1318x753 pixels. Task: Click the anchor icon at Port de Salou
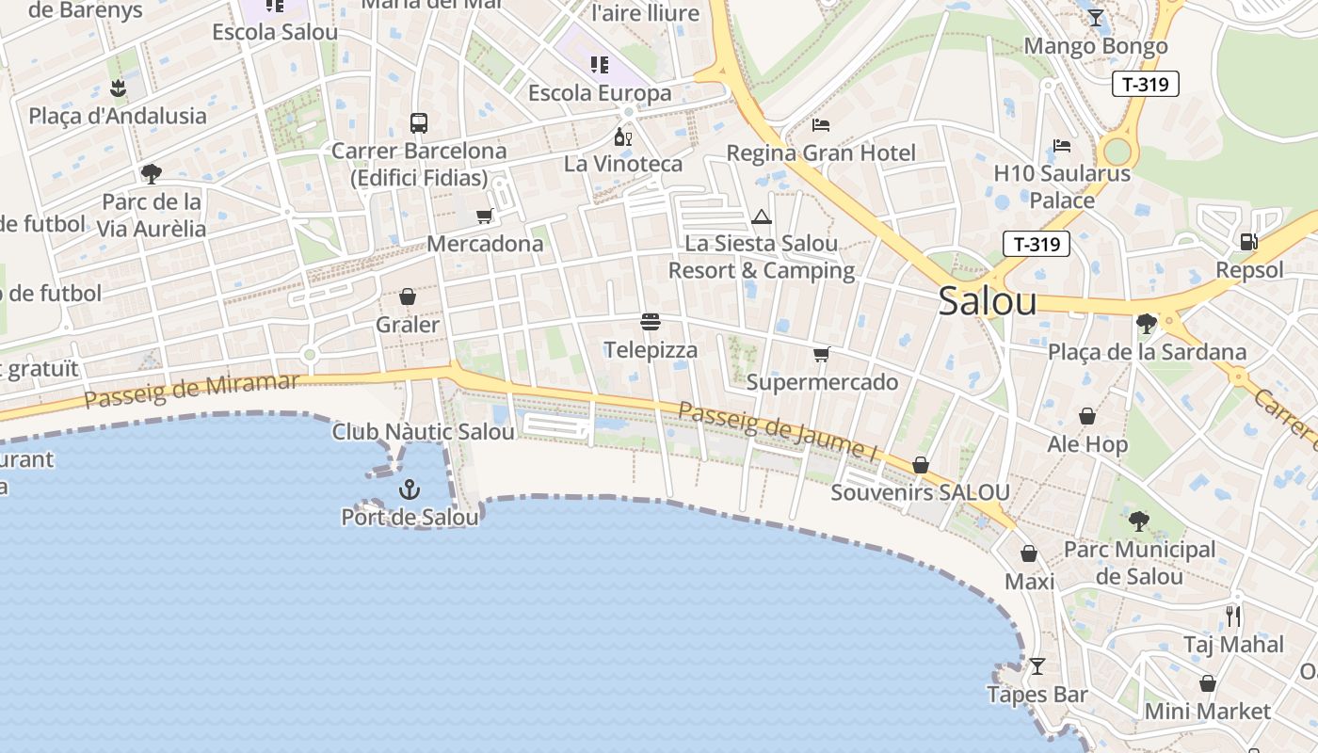(x=410, y=489)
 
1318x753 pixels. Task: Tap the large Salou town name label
(x=988, y=301)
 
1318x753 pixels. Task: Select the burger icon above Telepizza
(x=650, y=322)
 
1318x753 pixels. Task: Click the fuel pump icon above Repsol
(x=1248, y=242)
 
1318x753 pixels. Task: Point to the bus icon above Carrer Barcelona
(x=419, y=123)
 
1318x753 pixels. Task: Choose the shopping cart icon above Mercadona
(x=485, y=216)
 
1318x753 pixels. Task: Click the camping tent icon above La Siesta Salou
(x=761, y=217)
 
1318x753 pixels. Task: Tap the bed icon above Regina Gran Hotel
(x=821, y=125)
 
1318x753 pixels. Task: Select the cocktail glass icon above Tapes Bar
(x=1037, y=666)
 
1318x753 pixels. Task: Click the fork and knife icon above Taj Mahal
(x=1233, y=617)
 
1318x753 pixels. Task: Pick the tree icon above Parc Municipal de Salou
(x=1139, y=521)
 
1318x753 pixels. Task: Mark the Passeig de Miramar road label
(x=192, y=391)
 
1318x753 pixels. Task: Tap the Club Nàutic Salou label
(x=423, y=432)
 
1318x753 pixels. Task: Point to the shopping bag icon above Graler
(x=408, y=296)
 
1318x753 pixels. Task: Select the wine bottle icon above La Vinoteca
(x=622, y=137)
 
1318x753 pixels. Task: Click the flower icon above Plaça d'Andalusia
(x=118, y=88)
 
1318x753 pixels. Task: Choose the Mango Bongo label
(x=1095, y=46)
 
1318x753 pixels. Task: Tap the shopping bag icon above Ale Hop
(x=1087, y=416)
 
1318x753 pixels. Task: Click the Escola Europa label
(x=600, y=93)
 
